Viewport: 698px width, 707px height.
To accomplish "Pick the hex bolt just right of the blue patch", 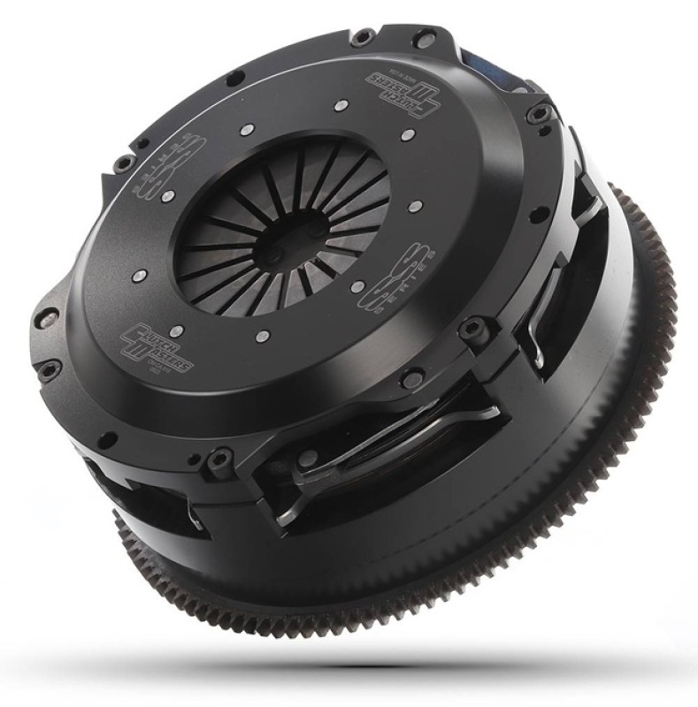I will [x=535, y=112].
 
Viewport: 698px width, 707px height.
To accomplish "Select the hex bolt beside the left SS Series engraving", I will [x=123, y=163].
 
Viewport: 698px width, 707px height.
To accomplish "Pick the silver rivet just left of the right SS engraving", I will [x=364, y=286].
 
